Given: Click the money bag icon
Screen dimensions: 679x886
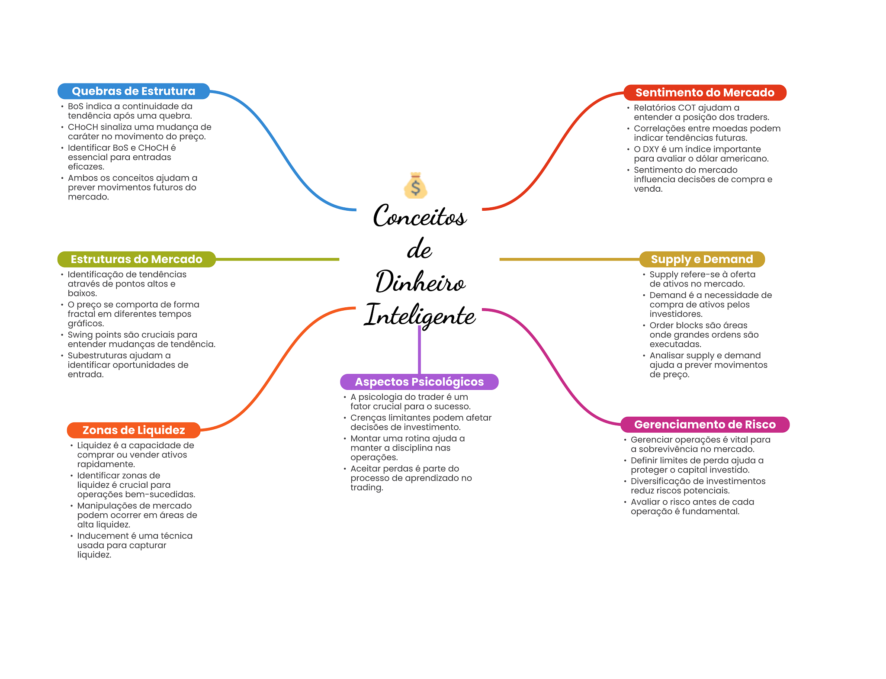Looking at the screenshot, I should pos(415,186).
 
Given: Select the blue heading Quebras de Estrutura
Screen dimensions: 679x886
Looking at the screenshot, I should pos(133,91).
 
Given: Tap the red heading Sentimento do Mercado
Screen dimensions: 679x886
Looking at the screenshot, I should pos(704,93).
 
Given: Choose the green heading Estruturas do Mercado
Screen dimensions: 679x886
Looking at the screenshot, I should pos(136,259).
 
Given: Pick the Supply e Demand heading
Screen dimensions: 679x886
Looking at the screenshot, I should pos(702,259).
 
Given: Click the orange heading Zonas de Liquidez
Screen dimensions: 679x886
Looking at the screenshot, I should pos(133,430).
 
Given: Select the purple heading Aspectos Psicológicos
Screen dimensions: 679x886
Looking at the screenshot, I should pos(419,382).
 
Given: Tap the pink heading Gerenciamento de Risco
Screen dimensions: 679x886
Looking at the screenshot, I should pos(704,425).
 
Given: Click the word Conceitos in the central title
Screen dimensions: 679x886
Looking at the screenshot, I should pos(420,216).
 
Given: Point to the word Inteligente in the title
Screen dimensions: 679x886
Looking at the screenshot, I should pos(420,315).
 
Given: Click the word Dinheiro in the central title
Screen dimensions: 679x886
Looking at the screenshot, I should pos(420,282).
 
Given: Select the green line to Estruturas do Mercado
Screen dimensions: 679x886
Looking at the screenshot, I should pos(277,259).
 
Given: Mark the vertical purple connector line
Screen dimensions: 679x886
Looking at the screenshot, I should pos(419,351).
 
